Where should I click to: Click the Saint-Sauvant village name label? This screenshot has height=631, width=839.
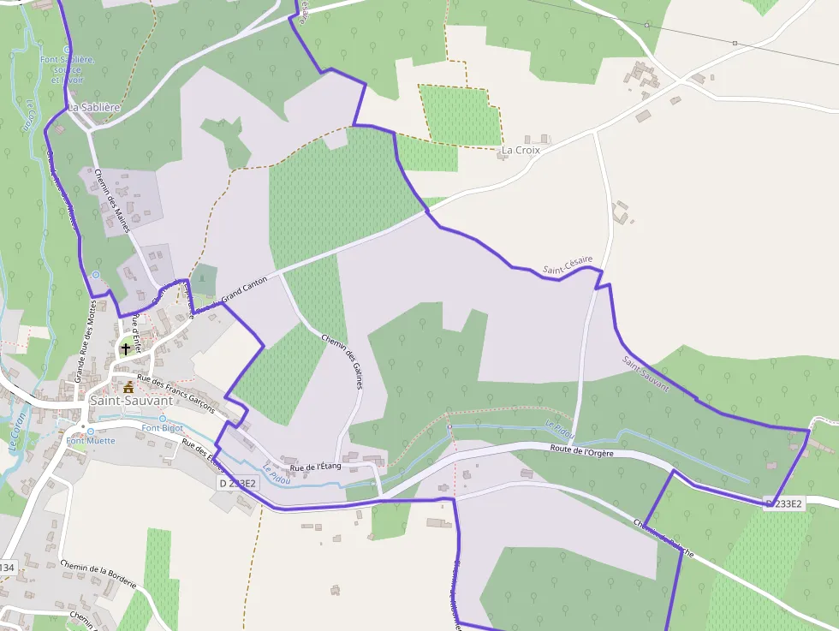[131, 400]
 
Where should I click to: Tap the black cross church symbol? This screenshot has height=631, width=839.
[126, 348]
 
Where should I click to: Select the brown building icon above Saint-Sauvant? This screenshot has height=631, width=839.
[129, 387]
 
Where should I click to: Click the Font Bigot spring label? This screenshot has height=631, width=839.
[163, 428]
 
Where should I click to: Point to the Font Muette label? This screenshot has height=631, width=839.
[90, 442]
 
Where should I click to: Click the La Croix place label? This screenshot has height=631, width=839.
[521, 150]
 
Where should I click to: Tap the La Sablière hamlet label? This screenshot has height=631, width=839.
[93, 108]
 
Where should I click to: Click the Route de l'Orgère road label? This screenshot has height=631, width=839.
[582, 451]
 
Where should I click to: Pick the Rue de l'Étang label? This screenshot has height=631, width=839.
[315, 467]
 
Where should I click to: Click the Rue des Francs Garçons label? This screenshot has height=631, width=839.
[176, 395]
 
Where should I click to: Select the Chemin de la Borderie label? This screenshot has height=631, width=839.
[98, 574]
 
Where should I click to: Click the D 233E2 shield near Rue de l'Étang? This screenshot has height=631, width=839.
[237, 483]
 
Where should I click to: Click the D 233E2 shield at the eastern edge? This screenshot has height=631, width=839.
[784, 503]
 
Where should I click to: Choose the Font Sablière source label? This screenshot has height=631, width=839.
[67, 69]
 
